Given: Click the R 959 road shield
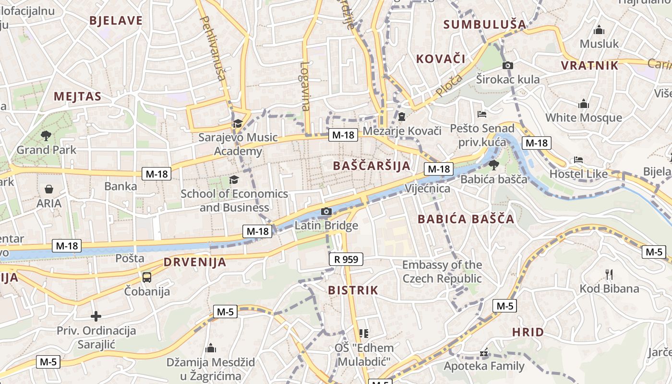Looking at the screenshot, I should coord(346,260).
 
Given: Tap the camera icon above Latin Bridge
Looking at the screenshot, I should coord(326,211).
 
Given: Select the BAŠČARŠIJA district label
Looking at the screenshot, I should coord(372,166).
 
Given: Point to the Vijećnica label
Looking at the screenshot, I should coord(428,188).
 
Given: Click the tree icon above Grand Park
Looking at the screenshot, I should coord(46,136).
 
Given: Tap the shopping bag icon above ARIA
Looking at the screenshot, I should coord(49,189).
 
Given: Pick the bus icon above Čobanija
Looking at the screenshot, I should coord(147,277).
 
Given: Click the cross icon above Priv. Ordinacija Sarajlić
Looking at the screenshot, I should coord(96,316).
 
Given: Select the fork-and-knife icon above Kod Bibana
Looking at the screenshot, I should coord(609,275).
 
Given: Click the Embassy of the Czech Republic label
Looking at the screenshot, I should coord(442,272).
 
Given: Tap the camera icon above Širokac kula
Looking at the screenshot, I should coord(508,65).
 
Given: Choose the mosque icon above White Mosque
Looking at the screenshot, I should coord(584,104).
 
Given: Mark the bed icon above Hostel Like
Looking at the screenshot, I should coord(578,160).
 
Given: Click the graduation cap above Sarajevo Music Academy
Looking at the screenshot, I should coord(238,124).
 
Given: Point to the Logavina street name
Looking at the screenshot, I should coord(305,86).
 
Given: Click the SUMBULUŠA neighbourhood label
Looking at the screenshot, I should coord(484,24).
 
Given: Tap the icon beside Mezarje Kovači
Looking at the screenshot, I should coord(402,117).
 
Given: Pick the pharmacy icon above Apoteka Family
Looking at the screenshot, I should coord(484,353).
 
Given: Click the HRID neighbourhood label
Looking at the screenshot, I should coord(528,332).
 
